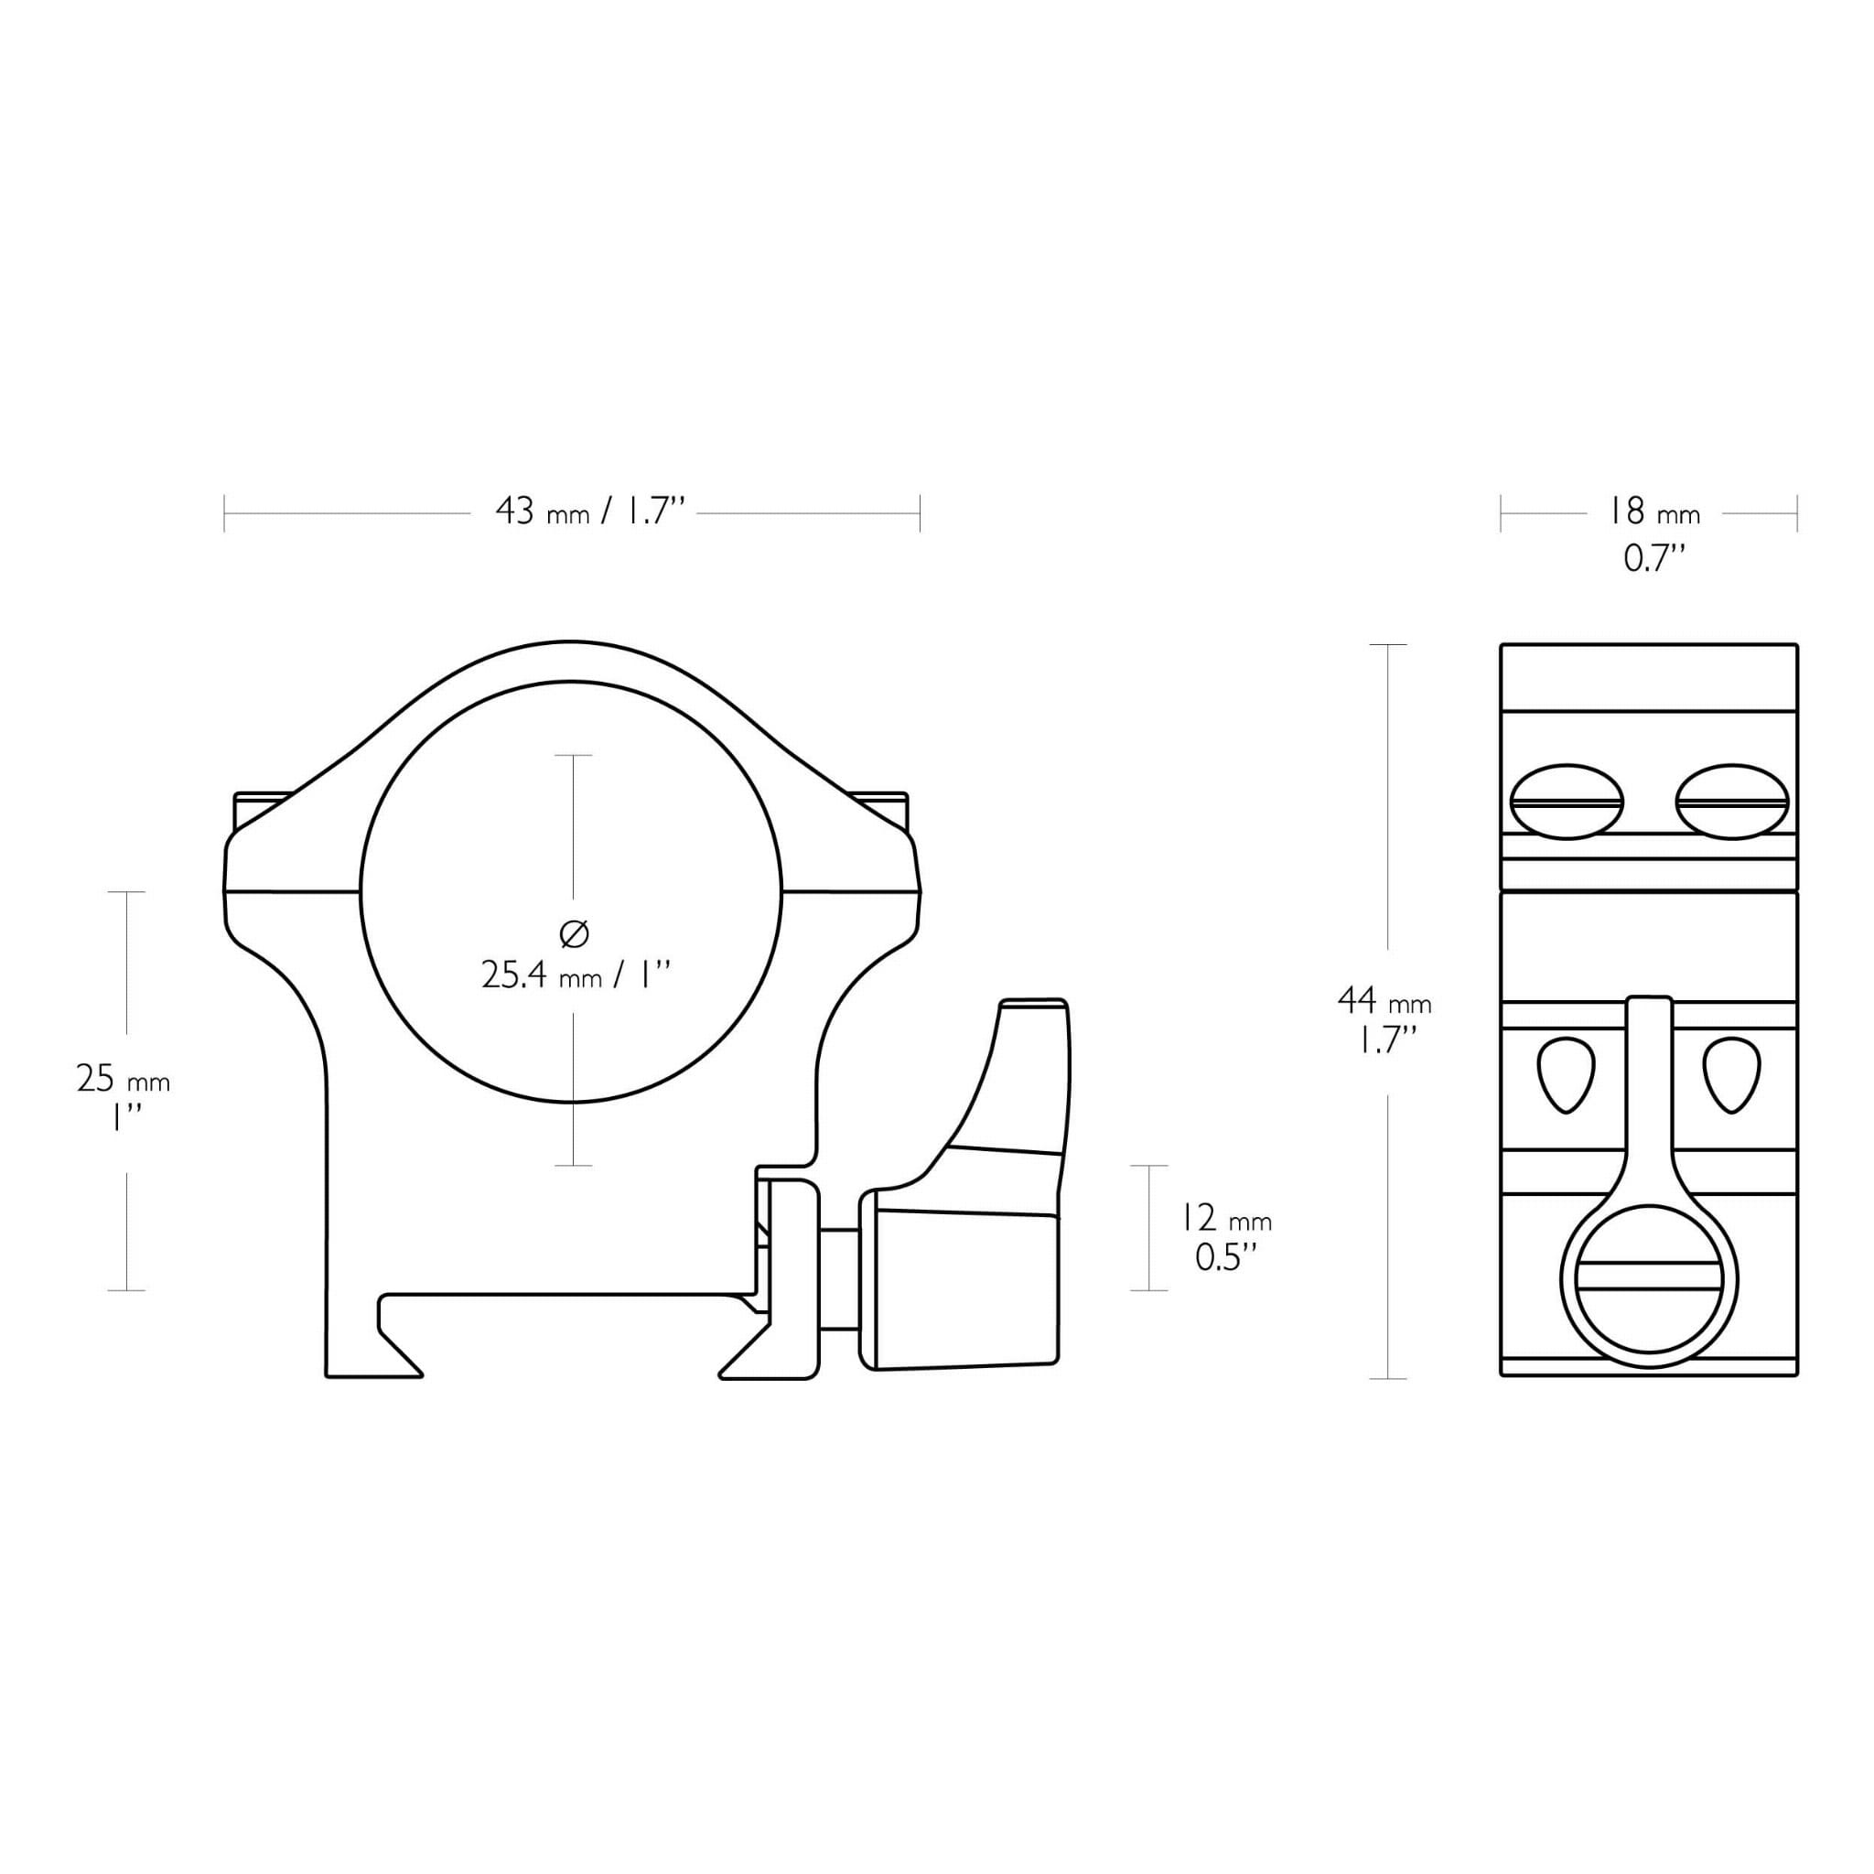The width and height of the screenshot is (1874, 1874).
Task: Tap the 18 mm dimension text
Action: pyautogui.click(x=1654, y=512)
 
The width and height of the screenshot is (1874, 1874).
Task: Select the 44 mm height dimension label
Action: pyautogui.click(x=1384, y=999)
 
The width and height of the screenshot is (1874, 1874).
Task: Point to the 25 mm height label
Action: pyautogui.click(x=124, y=1079)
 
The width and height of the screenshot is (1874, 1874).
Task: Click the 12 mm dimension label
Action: pyautogui.click(x=1225, y=1217)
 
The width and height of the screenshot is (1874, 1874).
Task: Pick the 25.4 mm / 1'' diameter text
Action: pyautogui.click(x=576, y=975)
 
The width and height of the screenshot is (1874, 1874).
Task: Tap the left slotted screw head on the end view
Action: pyautogui.click(x=1567, y=802)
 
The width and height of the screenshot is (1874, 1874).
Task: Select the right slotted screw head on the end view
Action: pyautogui.click(x=1731, y=802)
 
